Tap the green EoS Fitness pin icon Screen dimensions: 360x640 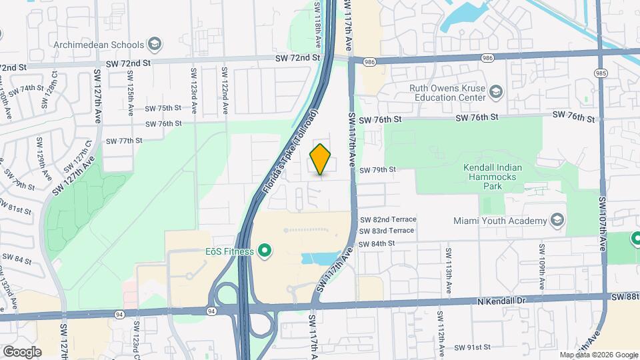tap(265, 251)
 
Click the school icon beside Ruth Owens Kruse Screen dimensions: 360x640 tap(495, 91)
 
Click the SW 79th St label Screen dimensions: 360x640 tap(377, 170)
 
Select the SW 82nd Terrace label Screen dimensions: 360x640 tap(387, 219)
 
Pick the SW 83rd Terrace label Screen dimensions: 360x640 tap(387, 231)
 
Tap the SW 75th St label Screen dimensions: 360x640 tap(163, 108)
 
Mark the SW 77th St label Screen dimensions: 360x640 tap(124, 141)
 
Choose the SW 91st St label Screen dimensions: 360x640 tap(473, 347)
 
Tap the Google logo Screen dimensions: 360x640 tap(22, 351)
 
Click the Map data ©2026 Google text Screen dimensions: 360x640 tap(598, 355)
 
